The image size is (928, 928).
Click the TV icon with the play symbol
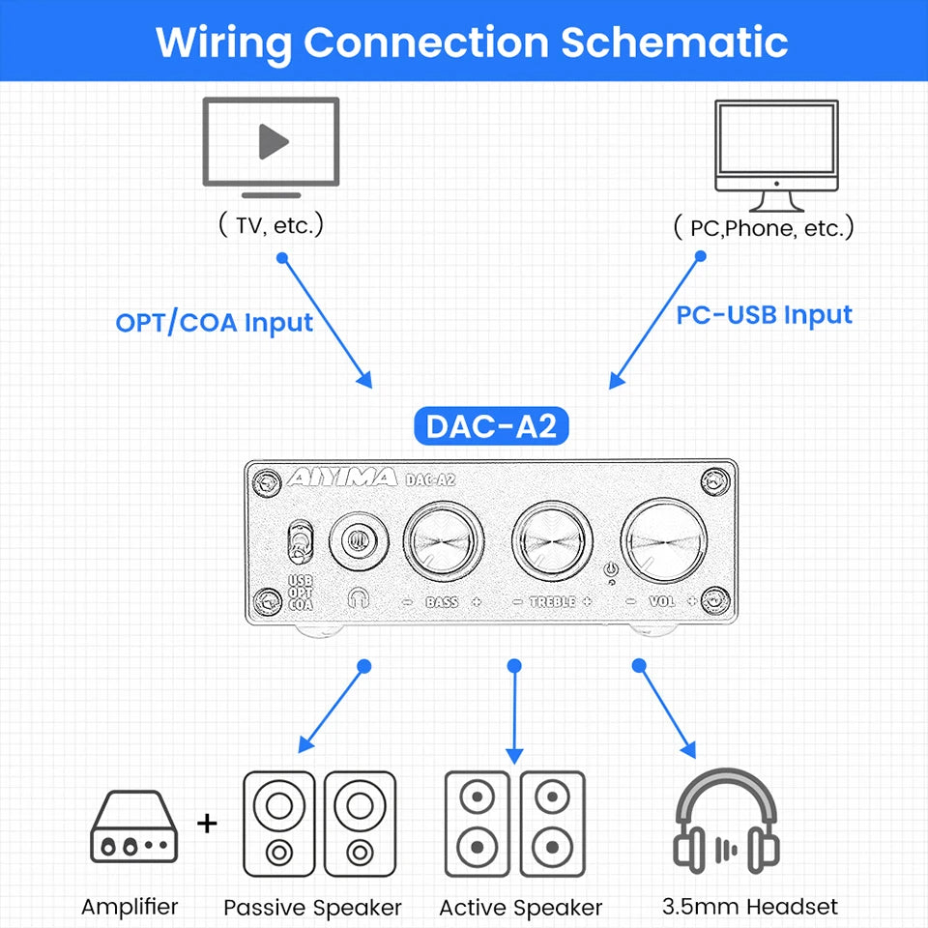pos(271,142)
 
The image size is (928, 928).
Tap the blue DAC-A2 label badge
pos(492,426)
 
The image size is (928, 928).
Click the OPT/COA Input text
pos(214,322)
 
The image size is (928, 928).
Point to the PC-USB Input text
pos(764,315)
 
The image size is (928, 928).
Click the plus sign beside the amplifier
pos(207,824)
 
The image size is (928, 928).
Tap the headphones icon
pos(726,820)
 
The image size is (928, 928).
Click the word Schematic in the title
pos(674,42)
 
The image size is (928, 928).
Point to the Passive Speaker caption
pos(312,908)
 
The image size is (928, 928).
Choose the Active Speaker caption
pos(520,908)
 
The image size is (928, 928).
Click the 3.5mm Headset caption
pos(750,907)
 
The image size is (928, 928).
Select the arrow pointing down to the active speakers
pos(514,711)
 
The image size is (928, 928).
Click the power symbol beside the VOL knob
pos(610,572)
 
